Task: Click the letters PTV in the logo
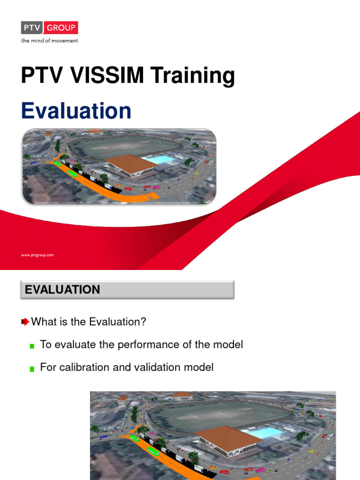tap(31, 28)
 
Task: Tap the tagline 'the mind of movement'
tap(49, 41)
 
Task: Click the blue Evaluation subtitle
tap(76, 111)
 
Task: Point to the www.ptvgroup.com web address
tap(37, 255)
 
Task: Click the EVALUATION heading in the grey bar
tap(62, 290)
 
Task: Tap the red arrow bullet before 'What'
tap(25, 322)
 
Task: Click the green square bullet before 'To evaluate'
tap(32, 346)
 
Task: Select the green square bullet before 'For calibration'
tap(32, 369)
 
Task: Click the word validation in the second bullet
tap(153, 367)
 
